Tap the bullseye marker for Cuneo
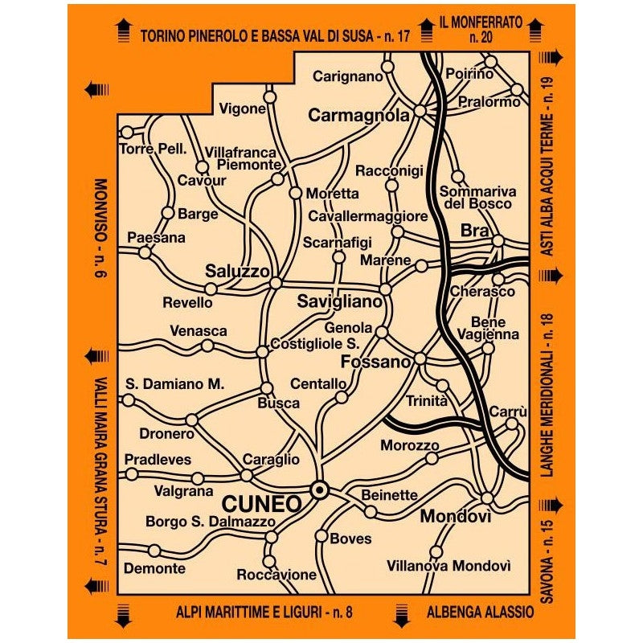pyautogui.click(x=319, y=489)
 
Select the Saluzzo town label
pyautogui.click(x=237, y=271)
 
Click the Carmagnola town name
pyautogui.click(x=359, y=116)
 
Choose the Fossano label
pyautogui.click(x=376, y=362)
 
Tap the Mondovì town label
pyautogui.click(x=455, y=516)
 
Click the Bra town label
pyautogui.click(x=469, y=231)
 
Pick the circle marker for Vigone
pyautogui.click(x=270, y=96)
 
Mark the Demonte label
pyautogui.click(x=154, y=568)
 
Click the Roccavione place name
pyautogui.click(x=276, y=575)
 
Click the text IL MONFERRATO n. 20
pyautogui.click(x=481, y=28)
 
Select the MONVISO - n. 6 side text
pyautogui.click(x=100, y=227)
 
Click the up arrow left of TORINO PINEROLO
pyautogui.click(x=123, y=32)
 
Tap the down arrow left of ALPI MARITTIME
pyautogui.click(x=123, y=614)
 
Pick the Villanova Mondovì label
pyautogui.click(x=448, y=566)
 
